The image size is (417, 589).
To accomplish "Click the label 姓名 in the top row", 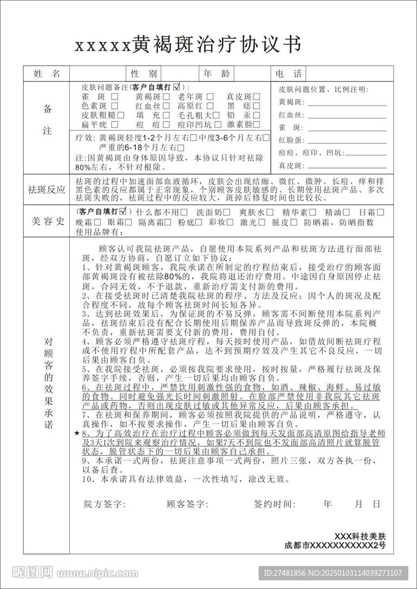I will coord(47,74).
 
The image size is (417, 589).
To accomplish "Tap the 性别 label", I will coord(143,74).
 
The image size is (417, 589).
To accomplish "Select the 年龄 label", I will coord(217,74).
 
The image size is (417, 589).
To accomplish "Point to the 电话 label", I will coord(288,74).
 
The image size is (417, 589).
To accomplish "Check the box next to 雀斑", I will coord(115,97).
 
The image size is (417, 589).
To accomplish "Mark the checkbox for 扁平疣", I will coord(115,124).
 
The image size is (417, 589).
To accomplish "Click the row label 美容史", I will coord(47,221).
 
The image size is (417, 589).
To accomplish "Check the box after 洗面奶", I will coord(227,212).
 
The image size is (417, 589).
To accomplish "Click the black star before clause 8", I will coord(77,432).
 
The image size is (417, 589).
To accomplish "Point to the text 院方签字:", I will coord(104,504).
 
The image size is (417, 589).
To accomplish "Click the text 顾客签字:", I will coord(187,504).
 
